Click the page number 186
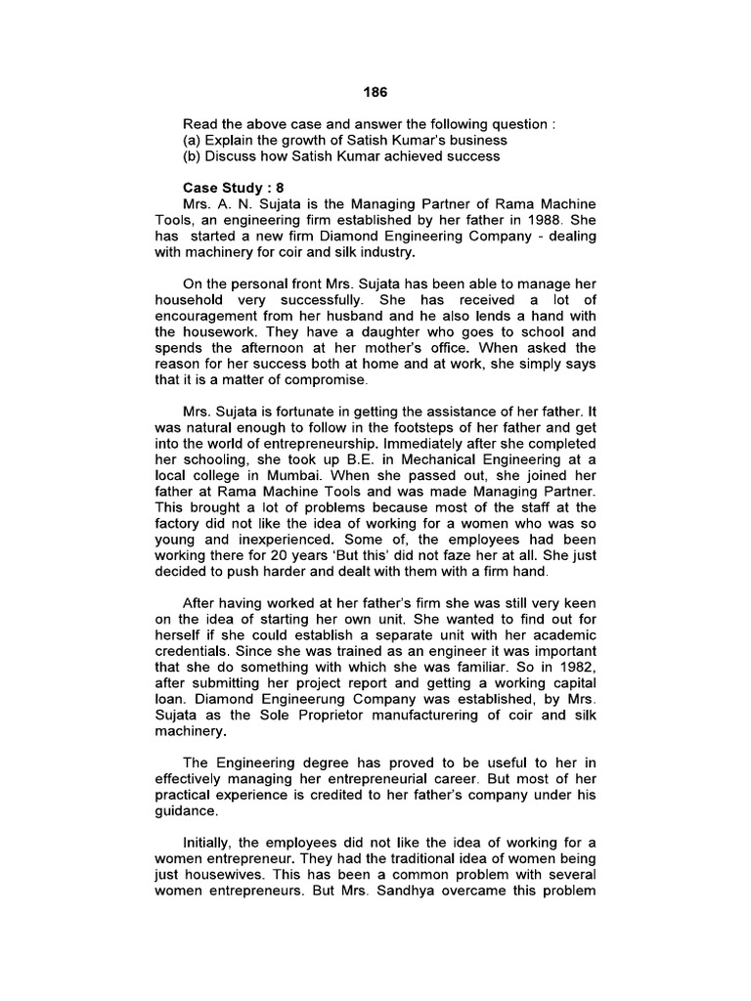coord(375,92)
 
